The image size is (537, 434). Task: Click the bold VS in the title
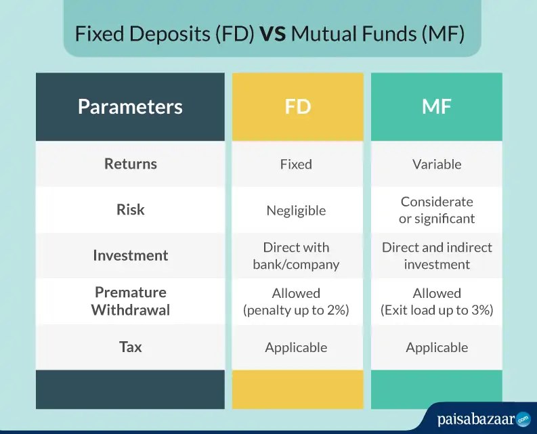point(273,34)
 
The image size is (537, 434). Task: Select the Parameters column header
point(130,106)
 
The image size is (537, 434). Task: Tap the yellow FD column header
point(297,106)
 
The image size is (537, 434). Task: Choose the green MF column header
point(437,106)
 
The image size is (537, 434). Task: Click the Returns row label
point(131,164)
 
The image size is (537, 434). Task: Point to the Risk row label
point(131,210)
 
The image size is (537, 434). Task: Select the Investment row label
point(131,255)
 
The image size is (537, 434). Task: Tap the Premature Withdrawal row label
point(131,301)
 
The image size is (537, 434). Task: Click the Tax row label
point(131,347)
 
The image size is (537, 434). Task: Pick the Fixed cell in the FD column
point(296,165)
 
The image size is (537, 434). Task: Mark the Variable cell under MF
point(437,165)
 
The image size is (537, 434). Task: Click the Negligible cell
point(296,211)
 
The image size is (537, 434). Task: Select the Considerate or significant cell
point(437,210)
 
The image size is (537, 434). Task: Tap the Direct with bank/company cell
point(296,256)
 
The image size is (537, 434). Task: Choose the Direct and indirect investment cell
point(437,256)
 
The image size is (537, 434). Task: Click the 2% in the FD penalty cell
point(335,310)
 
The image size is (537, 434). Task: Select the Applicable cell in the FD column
point(296,348)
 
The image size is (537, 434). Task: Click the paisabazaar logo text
point(476,420)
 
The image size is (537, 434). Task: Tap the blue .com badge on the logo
point(523,419)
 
